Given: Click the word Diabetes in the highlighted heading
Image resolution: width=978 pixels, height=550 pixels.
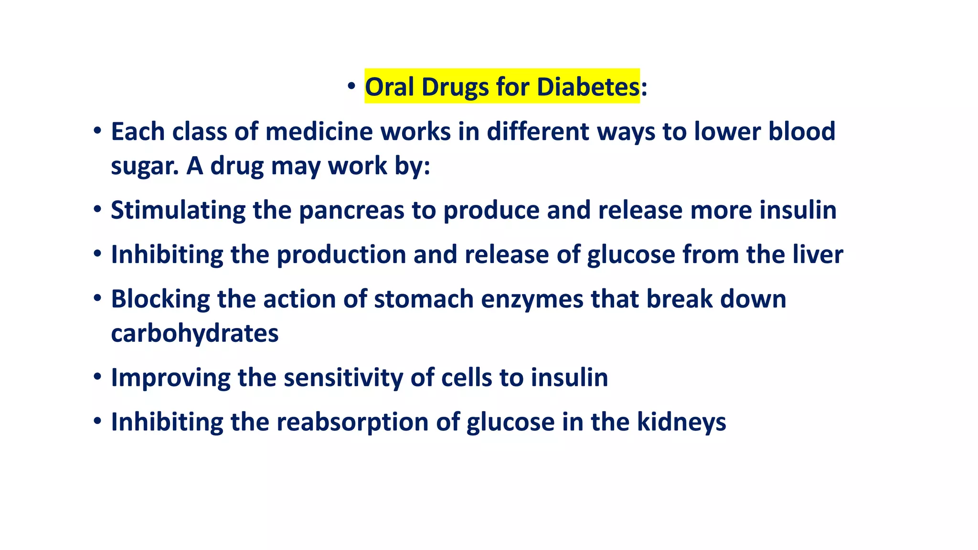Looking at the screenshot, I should [x=588, y=87].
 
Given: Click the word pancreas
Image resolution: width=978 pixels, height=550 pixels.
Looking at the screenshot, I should [x=351, y=211].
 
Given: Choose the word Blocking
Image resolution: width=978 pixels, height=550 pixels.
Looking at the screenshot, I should [x=160, y=299].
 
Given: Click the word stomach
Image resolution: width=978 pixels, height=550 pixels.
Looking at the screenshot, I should [x=424, y=299].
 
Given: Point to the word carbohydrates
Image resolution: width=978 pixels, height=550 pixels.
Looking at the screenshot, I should [x=194, y=333].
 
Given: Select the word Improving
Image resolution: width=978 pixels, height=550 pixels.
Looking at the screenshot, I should [x=170, y=378].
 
